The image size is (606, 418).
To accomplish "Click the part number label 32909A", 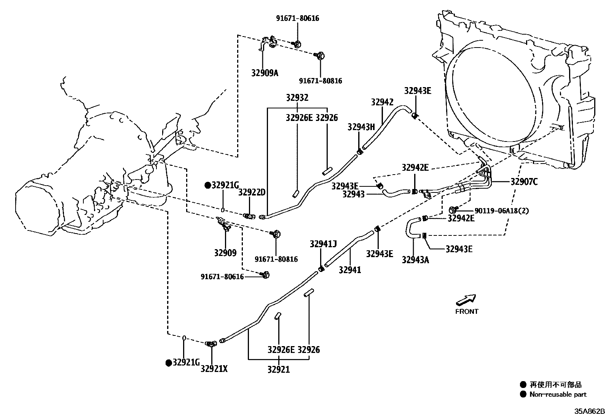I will pyautogui.click(x=265, y=73).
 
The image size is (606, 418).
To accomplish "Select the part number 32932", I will pyautogui.click(x=297, y=98).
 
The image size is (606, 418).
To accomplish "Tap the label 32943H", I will pyautogui.click(x=361, y=127).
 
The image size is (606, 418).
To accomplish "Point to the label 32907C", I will pyautogui.click(x=524, y=182).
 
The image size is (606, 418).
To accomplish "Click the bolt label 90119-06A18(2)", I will pyautogui.click(x=501, y=211).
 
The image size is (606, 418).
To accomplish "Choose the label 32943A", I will pyautogui.click(x=415, y=260).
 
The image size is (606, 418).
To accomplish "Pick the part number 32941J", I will pyautogui.click(x=323, y=244).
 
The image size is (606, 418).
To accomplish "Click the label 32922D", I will pyautogui.click(x=252, y=193).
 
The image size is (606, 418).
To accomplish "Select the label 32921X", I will pyautogui.click(x=214, y=368).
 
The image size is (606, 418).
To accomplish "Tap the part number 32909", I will pyautogui.click(x=225, y=253).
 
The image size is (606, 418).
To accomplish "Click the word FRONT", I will pyautogui.click(x=467, y=312).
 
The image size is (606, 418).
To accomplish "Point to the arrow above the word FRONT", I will pyautogui.click(x=466, y=300).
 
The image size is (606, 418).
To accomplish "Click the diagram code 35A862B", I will pyautogui.click(x=590, y=412).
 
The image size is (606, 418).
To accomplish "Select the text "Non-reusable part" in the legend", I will pyautogui.click(x=558, y=394).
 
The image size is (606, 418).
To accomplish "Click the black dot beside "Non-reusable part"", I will pyautogui.click(x=524, y=394).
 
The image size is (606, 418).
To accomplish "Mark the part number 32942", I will pyautogui.click(x=382, y=102).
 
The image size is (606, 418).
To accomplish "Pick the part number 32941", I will pyautogui.click(x=350, y=270).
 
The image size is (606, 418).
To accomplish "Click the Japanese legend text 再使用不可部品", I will pyautogui.click(x=556, y=385).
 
